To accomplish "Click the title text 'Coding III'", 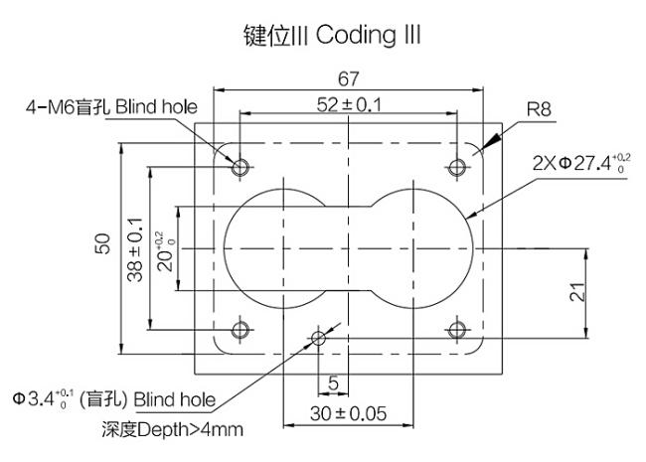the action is click(x=369, y=36).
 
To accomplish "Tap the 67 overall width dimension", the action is click(x=349, y=79).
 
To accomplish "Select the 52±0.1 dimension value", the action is click(x=349, y=105).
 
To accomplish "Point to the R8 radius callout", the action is click(x=539, y=109).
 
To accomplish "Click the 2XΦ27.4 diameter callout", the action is click(x=581, y=164).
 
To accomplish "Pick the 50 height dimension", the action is click(x=103, y=243).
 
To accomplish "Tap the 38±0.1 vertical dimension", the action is click(x=135, y=249).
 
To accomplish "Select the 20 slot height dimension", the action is click(x=166, y=250).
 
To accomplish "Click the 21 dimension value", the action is click(x=577, y=292).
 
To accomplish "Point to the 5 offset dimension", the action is click(x=333, y=384).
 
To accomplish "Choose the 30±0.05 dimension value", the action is click(x=349, y=414).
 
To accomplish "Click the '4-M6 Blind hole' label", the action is click(x=111, y=107).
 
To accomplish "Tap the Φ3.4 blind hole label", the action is click(x=114, y=399).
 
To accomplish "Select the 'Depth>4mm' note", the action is click(x=172, y=430).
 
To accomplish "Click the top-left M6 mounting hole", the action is click(x=241, y=167).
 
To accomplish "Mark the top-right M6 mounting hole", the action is click(x=457, y=167).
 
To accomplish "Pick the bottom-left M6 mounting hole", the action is click(x=241, y=330).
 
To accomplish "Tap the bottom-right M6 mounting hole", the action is click(x=457, y=330).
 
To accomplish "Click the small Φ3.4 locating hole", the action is click(x=318, y=339).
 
